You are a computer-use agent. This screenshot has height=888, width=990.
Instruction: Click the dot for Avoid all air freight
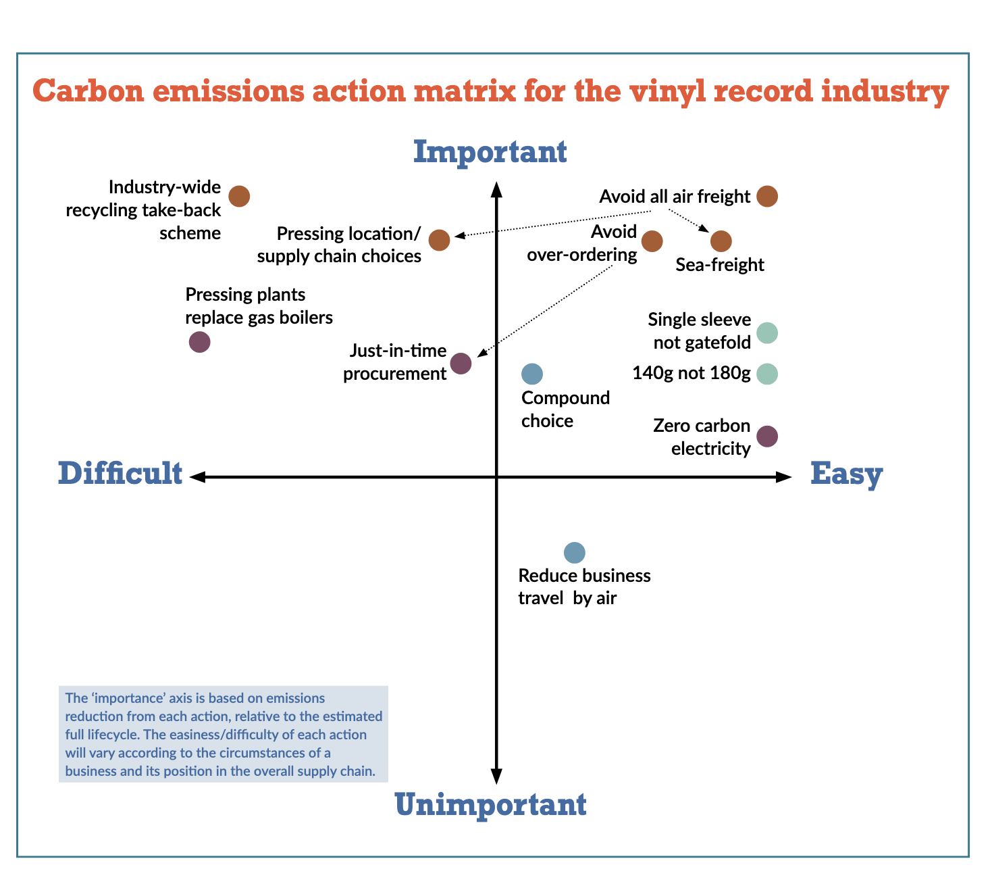[766, 196]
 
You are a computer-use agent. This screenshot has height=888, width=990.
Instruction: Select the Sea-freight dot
[721, 241]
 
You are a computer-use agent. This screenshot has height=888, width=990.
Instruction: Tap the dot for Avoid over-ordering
[652, 241]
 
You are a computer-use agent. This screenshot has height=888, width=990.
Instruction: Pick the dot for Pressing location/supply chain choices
[439, 240]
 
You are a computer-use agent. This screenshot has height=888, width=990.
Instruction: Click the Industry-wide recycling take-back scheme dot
[239, 196]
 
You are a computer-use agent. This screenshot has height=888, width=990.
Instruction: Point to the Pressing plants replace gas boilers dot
[199, 342]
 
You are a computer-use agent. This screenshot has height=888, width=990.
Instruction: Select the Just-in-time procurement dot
[461, 364]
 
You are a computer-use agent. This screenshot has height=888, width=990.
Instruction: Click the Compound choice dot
[532, 374]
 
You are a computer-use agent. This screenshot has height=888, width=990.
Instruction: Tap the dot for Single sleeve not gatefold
[766, 332]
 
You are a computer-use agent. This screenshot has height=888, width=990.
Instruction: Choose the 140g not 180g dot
[766, 374]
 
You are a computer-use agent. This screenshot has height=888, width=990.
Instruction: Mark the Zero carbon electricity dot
[766, 436]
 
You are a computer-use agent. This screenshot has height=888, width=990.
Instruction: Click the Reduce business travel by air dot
[574, 553]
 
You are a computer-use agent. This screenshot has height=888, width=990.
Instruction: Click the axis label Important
[490, 152]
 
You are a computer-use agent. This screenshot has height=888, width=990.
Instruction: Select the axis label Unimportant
[490, 805]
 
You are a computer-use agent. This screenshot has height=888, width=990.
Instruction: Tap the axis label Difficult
[120, 474]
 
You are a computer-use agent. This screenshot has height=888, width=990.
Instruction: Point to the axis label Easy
[846, 474]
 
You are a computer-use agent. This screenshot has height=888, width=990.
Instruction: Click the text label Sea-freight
[720, 265]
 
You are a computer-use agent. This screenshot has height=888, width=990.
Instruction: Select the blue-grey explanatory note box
[224, 735]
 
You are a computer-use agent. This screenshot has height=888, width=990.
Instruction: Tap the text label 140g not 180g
[691, 373]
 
